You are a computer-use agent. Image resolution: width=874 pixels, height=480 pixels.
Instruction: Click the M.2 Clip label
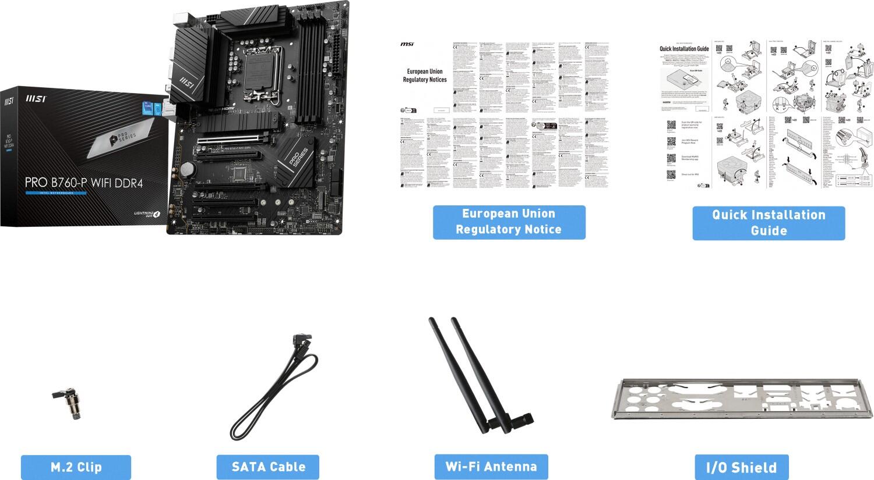click(76, 467)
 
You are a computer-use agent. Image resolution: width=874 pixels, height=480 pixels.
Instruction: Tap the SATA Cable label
click(268, 467)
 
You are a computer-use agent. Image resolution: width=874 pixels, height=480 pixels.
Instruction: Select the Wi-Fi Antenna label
click(491, 467)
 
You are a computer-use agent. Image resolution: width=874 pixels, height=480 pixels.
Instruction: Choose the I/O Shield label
click(741, 467)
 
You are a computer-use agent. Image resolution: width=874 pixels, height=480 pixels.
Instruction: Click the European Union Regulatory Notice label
click(509, 222)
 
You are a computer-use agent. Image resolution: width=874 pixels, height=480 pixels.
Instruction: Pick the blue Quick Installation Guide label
click(769, 222)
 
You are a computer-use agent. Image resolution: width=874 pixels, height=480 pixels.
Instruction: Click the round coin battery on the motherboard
click(187, 169)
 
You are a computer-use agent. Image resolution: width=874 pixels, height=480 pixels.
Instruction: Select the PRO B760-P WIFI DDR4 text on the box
click(83, 183)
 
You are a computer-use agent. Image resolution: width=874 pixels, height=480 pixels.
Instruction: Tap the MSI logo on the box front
click(35, 100)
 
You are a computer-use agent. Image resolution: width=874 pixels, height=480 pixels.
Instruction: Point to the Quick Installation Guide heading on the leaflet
click(683, 49)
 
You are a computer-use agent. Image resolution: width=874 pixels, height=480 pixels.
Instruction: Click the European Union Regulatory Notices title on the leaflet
click(425, 76)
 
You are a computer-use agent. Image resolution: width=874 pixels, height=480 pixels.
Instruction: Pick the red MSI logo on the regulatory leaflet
click(407, 44)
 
